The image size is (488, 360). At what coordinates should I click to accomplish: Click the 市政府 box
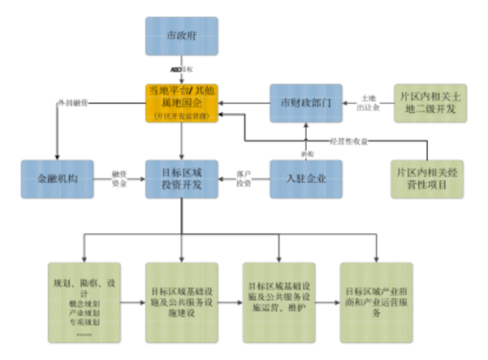coord(180,35)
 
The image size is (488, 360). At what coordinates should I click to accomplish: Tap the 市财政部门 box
coord(303,103)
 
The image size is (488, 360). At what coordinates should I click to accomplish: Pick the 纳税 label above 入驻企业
coord(304,153)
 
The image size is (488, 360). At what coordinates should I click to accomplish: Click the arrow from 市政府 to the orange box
coord(180,68)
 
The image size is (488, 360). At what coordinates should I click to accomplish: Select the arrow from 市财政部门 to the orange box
coord(243,103)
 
